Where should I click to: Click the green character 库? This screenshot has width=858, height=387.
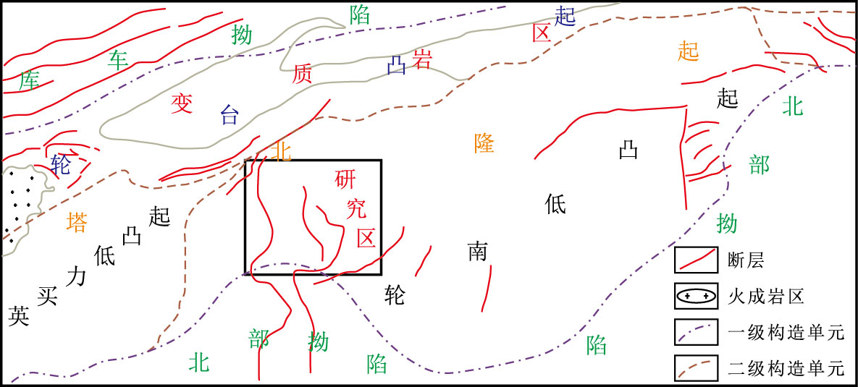pyautogui.click(x=30, y=81)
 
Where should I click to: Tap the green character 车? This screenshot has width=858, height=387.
pyautogui.click(x=118, y=59)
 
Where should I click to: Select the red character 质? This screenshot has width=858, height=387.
pyautogui.click(x=303, y=74)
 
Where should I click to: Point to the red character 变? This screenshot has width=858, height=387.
pyautogui.click(x=180, y=103)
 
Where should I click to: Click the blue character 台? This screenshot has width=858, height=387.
pyautogui.click(x=229, y=114)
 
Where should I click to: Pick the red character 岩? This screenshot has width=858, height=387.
pyautogui.click(x=421, y=59)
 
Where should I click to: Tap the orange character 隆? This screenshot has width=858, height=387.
pyautogui.click(x=484, y=143)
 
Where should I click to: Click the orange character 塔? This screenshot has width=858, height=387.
pyautogui.click(x=77, y=222)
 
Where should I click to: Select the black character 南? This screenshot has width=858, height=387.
pyautogui.click(x=477, y=252)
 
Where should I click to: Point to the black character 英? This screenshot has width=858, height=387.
pyautogui.click(x=19, y=315)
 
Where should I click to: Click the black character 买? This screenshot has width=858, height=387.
pyautogui.click(x=47, y=295)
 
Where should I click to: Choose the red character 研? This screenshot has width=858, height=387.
pyautogui.click(x=345, y=179)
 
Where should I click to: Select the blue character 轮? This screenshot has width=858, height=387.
pyautogui.click(x=61, y=165)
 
